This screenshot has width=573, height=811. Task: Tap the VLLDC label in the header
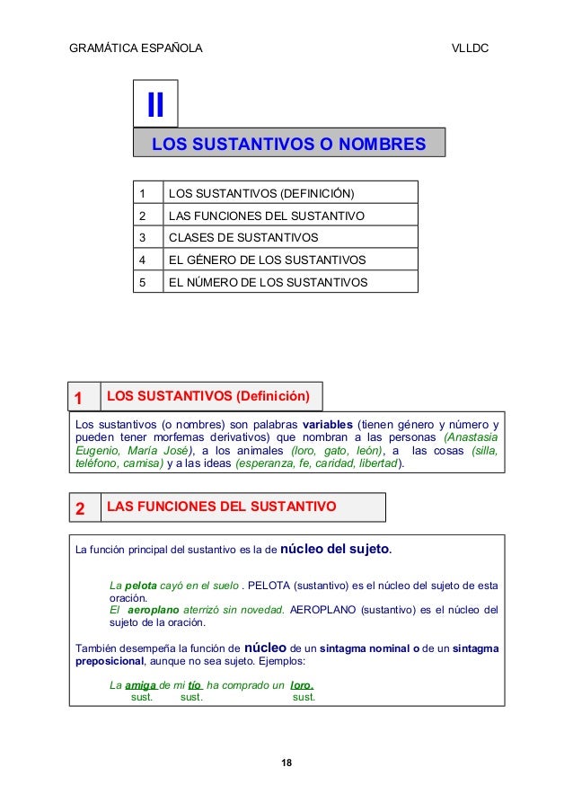(469, 47)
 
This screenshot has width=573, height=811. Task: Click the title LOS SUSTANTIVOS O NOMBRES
(288, 145)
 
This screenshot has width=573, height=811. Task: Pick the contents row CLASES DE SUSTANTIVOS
(242, 238)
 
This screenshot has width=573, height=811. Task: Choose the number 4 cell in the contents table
(141, 260)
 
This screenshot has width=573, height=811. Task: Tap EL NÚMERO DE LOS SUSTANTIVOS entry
(268, 282)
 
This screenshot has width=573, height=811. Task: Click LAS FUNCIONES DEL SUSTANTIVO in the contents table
(266, 216)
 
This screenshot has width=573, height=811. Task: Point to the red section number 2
(79, 509)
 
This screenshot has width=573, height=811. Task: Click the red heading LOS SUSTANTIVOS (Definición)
(207, 396)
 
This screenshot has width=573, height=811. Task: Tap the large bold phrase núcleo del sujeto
(336, 548)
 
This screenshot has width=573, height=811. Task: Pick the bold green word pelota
(139, 586)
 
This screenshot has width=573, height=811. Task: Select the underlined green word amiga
(141, 684)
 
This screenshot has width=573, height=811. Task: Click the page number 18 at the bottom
(286, 763)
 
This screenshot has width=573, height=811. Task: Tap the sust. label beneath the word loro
(304, 697)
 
